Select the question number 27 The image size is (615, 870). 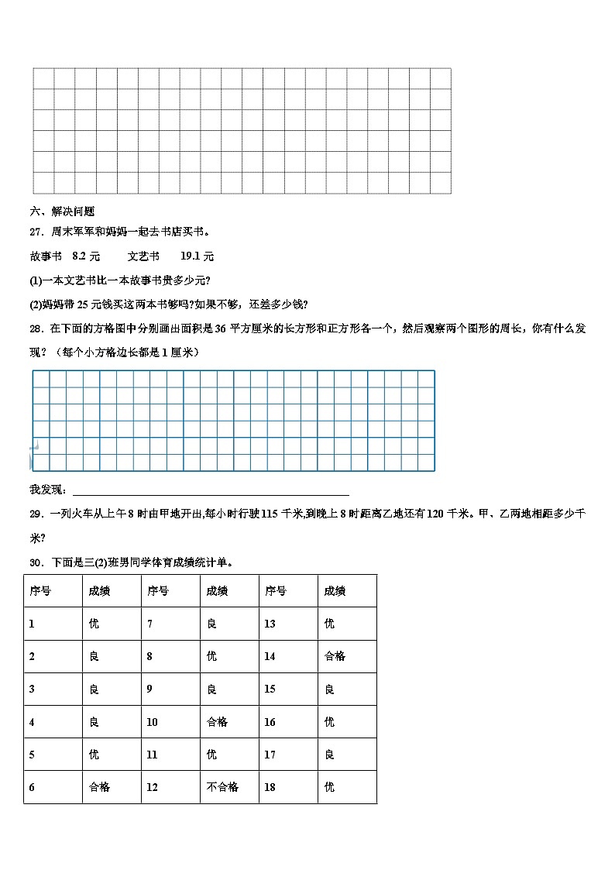(x=36, y=231)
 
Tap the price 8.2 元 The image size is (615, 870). (x=86, y=256)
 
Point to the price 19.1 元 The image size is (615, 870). (x=197, y=256)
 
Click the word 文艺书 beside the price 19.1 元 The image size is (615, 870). (x=143, y=256)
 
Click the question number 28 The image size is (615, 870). (x=36, y=328)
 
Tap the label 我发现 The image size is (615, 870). (x=48, y=490)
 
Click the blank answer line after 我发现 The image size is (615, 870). (x=210, y=490)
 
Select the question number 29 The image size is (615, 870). (x=36, y=514)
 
